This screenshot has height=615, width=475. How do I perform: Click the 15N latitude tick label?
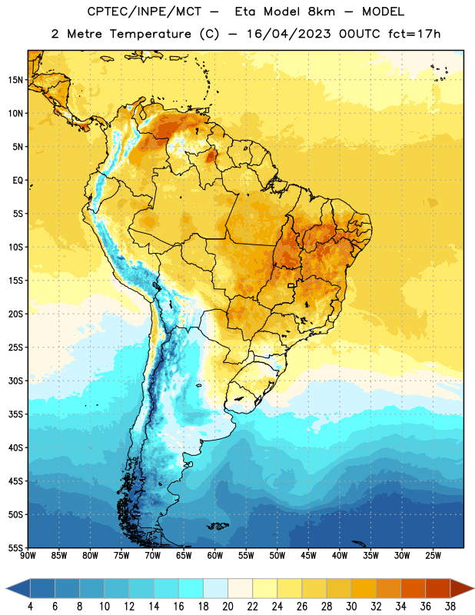pyautogui.click(x=15, y=80)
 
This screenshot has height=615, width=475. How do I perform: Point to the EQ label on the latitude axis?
pyautogui.click(x=18, y=181)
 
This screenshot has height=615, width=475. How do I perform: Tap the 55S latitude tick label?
pyautogui.click(x=15, y=547)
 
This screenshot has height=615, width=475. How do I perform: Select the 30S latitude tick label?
pyautogui.click(x=15, y=381)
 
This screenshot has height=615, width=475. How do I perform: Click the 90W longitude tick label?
pyautogui.click(x=28, y=556)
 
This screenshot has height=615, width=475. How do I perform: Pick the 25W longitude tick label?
pyautogui.click(x=433, y=556)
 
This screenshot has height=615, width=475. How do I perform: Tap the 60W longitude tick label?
pyautogui.click(x=215, y=556)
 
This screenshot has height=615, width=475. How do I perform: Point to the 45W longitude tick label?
pyautogui.click(x=309, y=556)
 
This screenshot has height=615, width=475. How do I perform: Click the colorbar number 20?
pyautogui.click(x=228, y=607)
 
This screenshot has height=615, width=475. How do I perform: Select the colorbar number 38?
pyautogui.click(x=450, y=607)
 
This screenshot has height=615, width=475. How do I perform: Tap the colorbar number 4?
pyautogui.click(x=30, y=607)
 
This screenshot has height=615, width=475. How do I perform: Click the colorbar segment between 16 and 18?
pyautogui.click(x=191, y=588)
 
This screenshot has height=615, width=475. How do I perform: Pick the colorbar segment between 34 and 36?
pyautogui.click(x=414, y=588)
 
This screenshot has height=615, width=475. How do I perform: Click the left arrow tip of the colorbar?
pyautogui.click(x=6, y=588)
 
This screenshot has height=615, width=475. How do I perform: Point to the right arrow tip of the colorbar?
pyautogui.click(x=473, y=588)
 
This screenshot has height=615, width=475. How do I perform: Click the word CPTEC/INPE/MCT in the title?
pyautogui.click(x=144, y=12)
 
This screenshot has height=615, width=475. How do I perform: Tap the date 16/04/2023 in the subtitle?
pyautogui.click(x=289, y=34)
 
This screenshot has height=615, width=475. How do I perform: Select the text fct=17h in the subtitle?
pyautogui.click(x=414, y=34)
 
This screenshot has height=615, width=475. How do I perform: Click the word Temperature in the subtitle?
pyautogui.click(x=150, y=34)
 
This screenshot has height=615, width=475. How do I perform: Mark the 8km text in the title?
pyautogui.click(x=321, y=12)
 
